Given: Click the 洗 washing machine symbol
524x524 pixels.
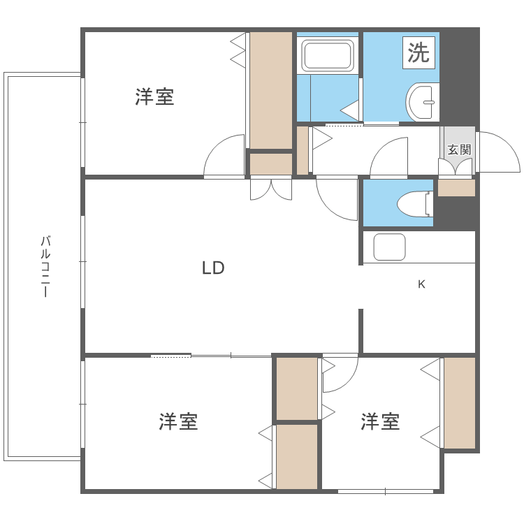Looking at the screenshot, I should click(419, 53).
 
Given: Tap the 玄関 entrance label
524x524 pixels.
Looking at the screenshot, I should click(459, 150).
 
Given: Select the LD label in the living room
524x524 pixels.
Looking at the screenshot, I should click(213, 268).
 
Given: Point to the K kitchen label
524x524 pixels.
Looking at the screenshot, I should click(421, 284).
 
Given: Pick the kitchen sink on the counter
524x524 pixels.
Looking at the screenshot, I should click(389, 247).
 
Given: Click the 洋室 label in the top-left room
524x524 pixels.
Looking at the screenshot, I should click(154, 97).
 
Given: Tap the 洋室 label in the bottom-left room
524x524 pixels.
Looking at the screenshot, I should click(178, 422).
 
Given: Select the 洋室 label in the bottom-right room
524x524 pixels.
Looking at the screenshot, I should click(380, 422).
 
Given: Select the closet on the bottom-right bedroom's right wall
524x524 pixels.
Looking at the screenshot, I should click(459, 402).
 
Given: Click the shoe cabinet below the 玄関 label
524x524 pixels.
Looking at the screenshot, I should click(456, 188).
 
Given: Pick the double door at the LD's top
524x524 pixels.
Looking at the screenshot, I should click(271, 189).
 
